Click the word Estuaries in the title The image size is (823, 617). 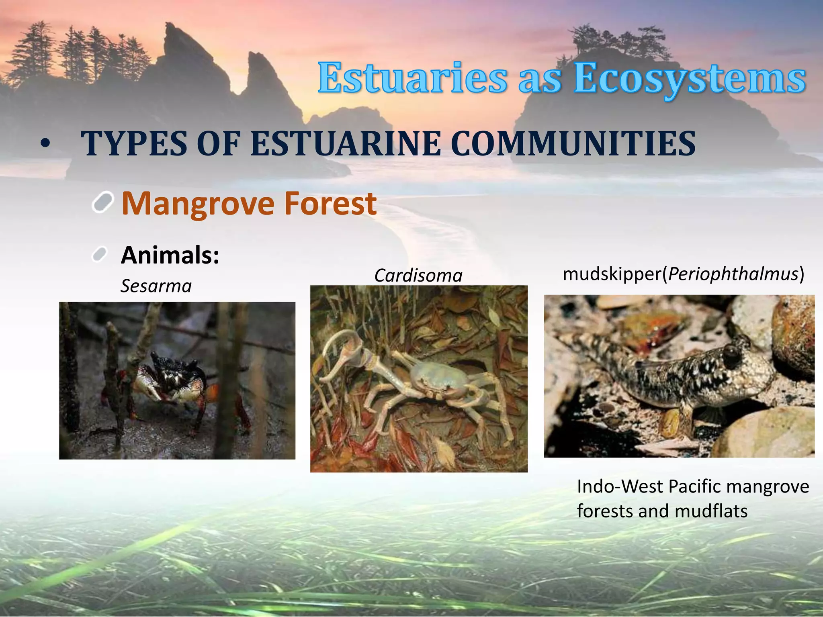pyautogui.click(x=412, y=78)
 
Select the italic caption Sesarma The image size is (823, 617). pyautogui.click(x=156, y=286)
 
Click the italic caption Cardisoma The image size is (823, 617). pyautogui.click(x=418, y=276)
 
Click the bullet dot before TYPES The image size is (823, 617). pyautogui.click(x=46, y=144)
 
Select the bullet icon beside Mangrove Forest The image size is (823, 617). pyautogui.click(x=103, y=202)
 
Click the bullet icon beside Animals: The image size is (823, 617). pyautogui.click(x=99, y=254)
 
